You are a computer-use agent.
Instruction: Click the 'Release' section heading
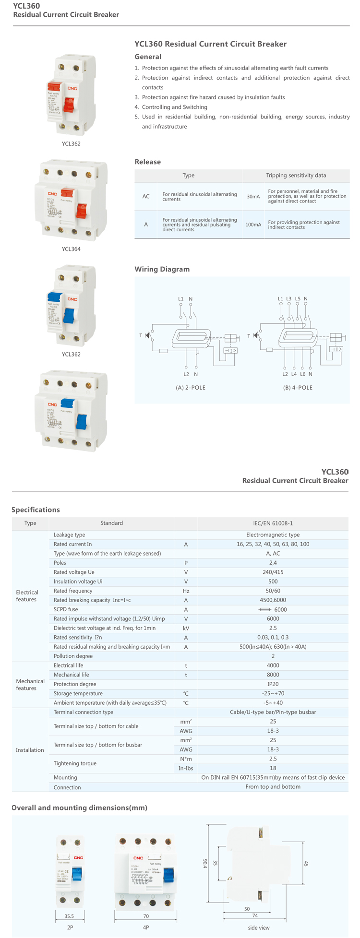click(147, 162)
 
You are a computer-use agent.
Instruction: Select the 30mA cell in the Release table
click(253, 197)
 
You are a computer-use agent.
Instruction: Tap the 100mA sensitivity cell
click(253, 225)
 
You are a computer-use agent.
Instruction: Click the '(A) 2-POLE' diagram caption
click(191, 387)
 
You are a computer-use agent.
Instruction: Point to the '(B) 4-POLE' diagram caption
click(298, 387)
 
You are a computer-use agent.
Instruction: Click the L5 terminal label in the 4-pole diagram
click(298, 298)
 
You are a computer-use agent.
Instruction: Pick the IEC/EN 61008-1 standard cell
click(273, 523)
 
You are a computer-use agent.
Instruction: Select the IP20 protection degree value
click(273, 684)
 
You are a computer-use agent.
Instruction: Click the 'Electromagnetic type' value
click(273, 534)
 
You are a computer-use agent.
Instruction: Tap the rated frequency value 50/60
click(273, 591)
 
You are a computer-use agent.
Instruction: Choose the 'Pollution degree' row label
click(73, 656)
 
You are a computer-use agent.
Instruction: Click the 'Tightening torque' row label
click(75, 763)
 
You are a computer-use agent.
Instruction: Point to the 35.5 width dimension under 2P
click(69, 916)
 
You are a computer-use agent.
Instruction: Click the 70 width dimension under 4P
click(146, 916)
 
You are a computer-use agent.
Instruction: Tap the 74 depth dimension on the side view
click(255, 915)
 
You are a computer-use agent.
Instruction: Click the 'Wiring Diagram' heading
click(162, 269)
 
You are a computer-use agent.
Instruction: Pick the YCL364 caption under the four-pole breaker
click(71, 249)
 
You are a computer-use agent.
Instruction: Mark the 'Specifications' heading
click(36, 510)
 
